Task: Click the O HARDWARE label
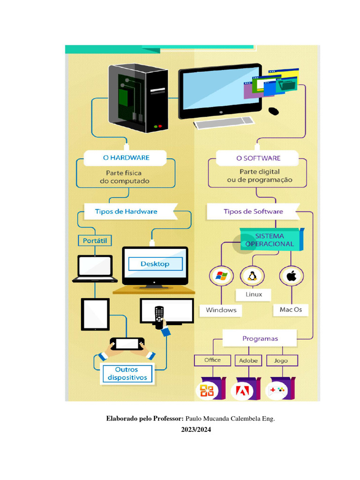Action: click(x=126, y=158)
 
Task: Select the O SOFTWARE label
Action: click(x=258, y=158)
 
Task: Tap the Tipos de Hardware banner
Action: click(x=126, y=211)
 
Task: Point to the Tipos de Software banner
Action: click(x=253, y=211)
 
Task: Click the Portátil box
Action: click(x=95, y=241)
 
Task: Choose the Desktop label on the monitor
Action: click(x=155, y=264)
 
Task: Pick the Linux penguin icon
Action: click(x=252, y=276)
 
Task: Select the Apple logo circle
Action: click(x=292, y=276)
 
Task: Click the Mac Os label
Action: click(x=291, y=309)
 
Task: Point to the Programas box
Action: click(x=260, y=338)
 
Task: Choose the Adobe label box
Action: click(x=248, y=360)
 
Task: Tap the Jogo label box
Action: click(x=281, y=360)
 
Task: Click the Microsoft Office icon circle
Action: click(x=207, y=390)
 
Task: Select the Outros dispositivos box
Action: click(x=127, y=373)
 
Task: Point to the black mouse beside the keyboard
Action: click(x=273, y=111)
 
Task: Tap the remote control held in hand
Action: click(x=159, y=316)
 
